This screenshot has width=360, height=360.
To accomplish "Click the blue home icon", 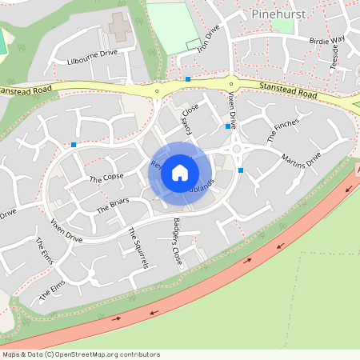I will (180, 172).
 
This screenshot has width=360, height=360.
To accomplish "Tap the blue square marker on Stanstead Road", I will (188, 78).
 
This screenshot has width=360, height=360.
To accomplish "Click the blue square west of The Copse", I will (74, 145).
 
